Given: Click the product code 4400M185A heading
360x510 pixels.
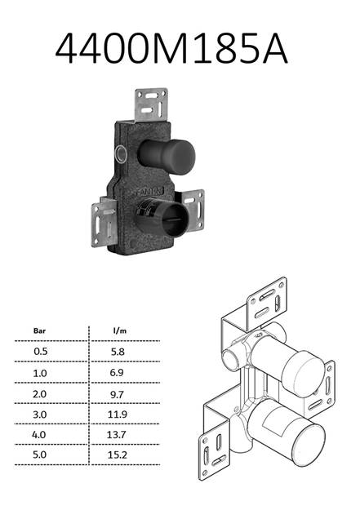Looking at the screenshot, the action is [x=171, y=48].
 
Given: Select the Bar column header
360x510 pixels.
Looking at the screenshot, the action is [x=39, y=331].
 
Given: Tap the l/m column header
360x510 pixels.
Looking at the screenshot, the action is [x=119, y=330].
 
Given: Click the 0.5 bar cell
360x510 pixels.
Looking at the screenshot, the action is [x=40, y=351].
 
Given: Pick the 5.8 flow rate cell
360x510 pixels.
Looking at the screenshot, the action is [x=118, y=352].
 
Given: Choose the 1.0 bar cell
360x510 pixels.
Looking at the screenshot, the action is [x=40, y=373].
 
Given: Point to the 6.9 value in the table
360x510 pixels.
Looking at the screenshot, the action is [x=117, y=372].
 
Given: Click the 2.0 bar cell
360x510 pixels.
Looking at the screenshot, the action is [x=39, y=394].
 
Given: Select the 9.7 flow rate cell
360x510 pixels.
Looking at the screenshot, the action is [x=117, y=394].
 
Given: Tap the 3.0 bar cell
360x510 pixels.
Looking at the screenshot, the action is [x=39, y=415].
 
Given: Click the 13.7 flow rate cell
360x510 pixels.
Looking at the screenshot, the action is [x=116, y=435].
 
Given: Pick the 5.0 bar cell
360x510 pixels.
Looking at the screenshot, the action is [x=39, y=455].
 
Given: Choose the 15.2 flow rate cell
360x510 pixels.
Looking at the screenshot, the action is [x=118, y=455].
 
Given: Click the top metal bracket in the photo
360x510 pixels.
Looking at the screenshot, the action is [x=151, y=104].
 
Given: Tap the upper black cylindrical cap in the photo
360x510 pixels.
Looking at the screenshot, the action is [x=167, y=156].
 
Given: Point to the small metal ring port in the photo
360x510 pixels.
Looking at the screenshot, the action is [x=121, y=154].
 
